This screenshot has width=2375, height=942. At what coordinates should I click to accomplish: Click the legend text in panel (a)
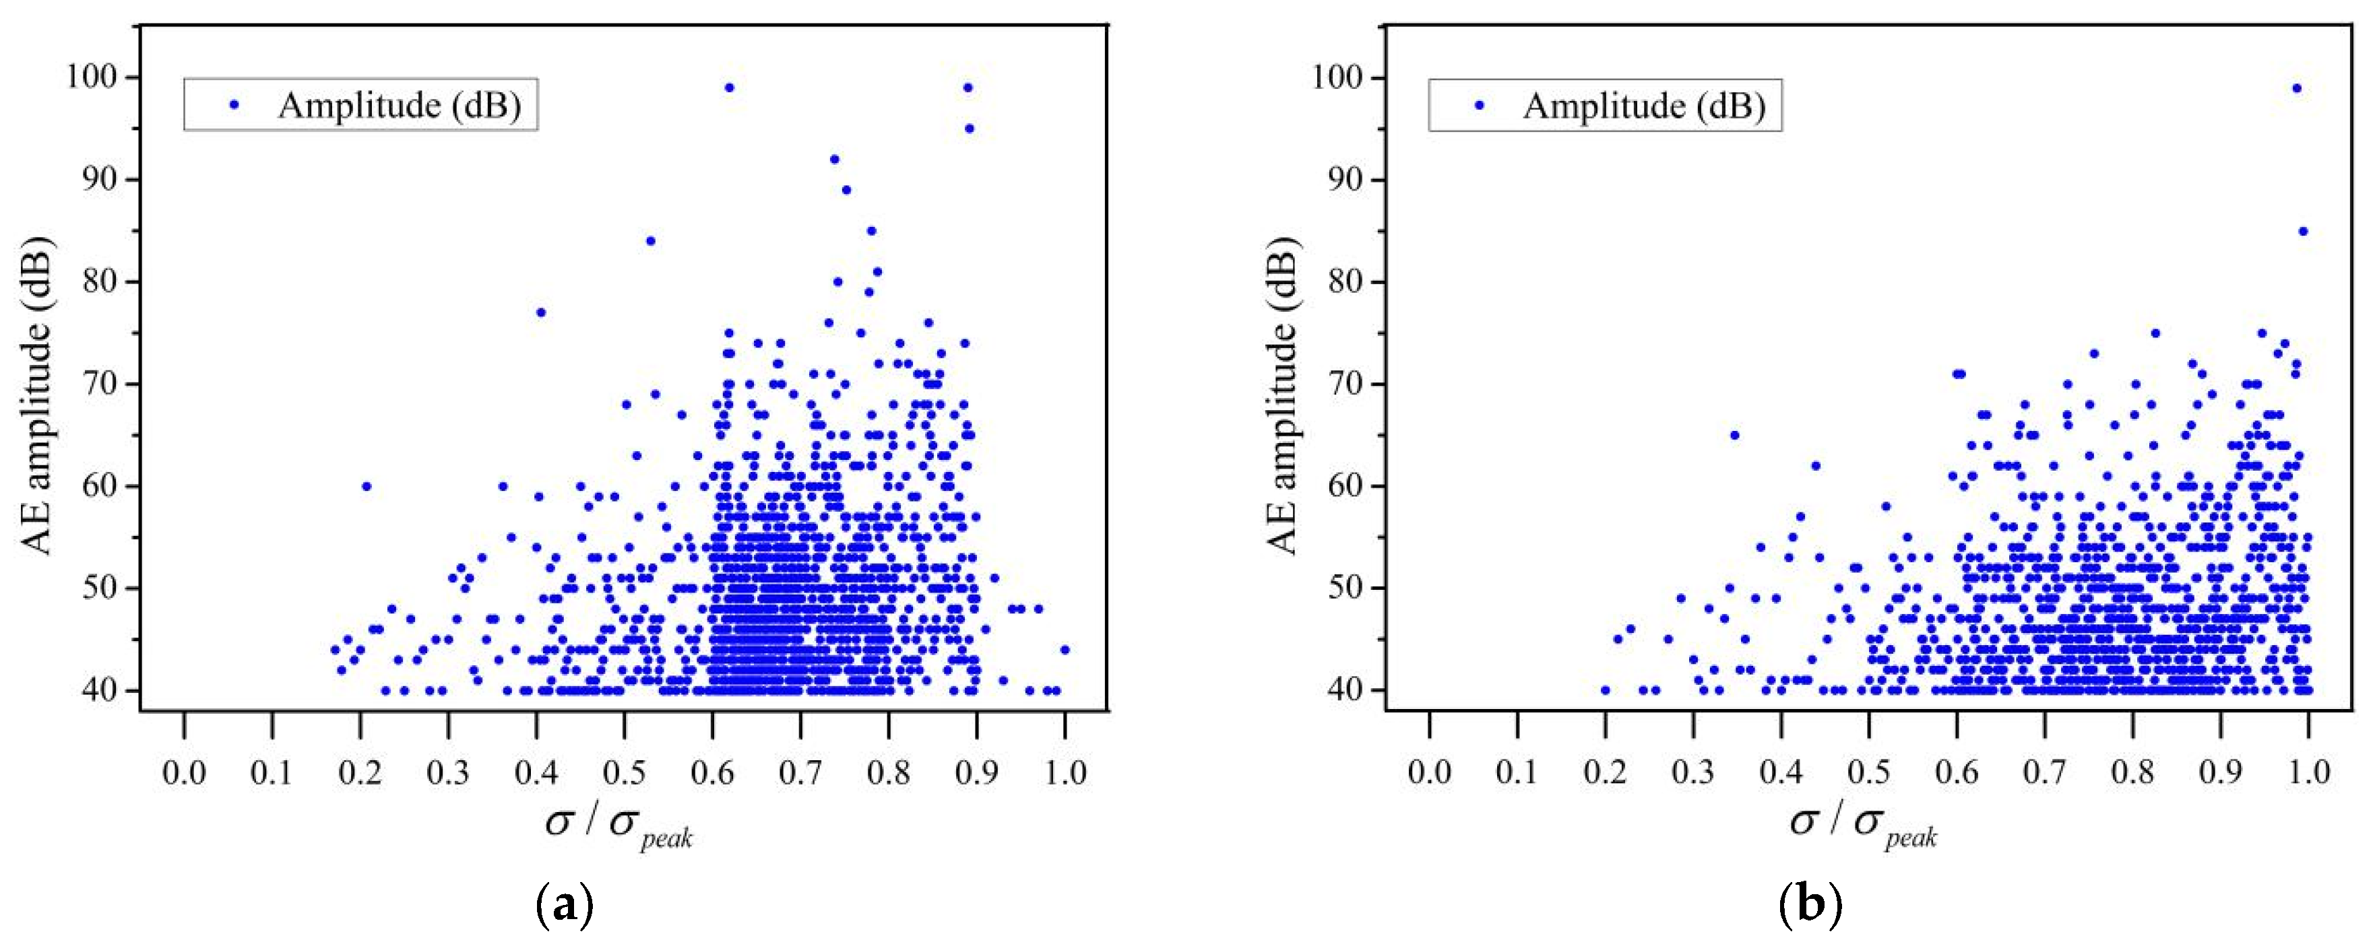pos(400,106)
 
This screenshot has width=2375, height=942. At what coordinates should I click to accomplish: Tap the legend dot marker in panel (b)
pos(1480,106)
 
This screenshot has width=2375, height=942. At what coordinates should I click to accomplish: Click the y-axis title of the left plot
pos(38,397)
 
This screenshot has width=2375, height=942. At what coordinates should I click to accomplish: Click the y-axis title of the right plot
pos(1284,397)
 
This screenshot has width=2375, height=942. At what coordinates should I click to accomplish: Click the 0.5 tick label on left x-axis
pos(624,772)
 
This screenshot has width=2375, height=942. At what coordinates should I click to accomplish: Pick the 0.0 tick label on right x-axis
pos(1430,772)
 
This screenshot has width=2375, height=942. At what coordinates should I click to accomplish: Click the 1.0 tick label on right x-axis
pos(2310,772)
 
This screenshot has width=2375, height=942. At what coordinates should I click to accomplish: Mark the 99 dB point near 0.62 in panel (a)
pos(729,88)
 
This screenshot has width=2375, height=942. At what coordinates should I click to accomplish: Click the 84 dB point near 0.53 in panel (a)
pos(650,240)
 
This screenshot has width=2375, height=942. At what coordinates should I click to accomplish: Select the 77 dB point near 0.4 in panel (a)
pos(541,312)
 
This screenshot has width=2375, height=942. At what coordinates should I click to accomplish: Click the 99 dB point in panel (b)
pos(2297,88)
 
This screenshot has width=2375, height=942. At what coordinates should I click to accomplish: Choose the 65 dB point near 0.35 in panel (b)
pos(1734,435)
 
